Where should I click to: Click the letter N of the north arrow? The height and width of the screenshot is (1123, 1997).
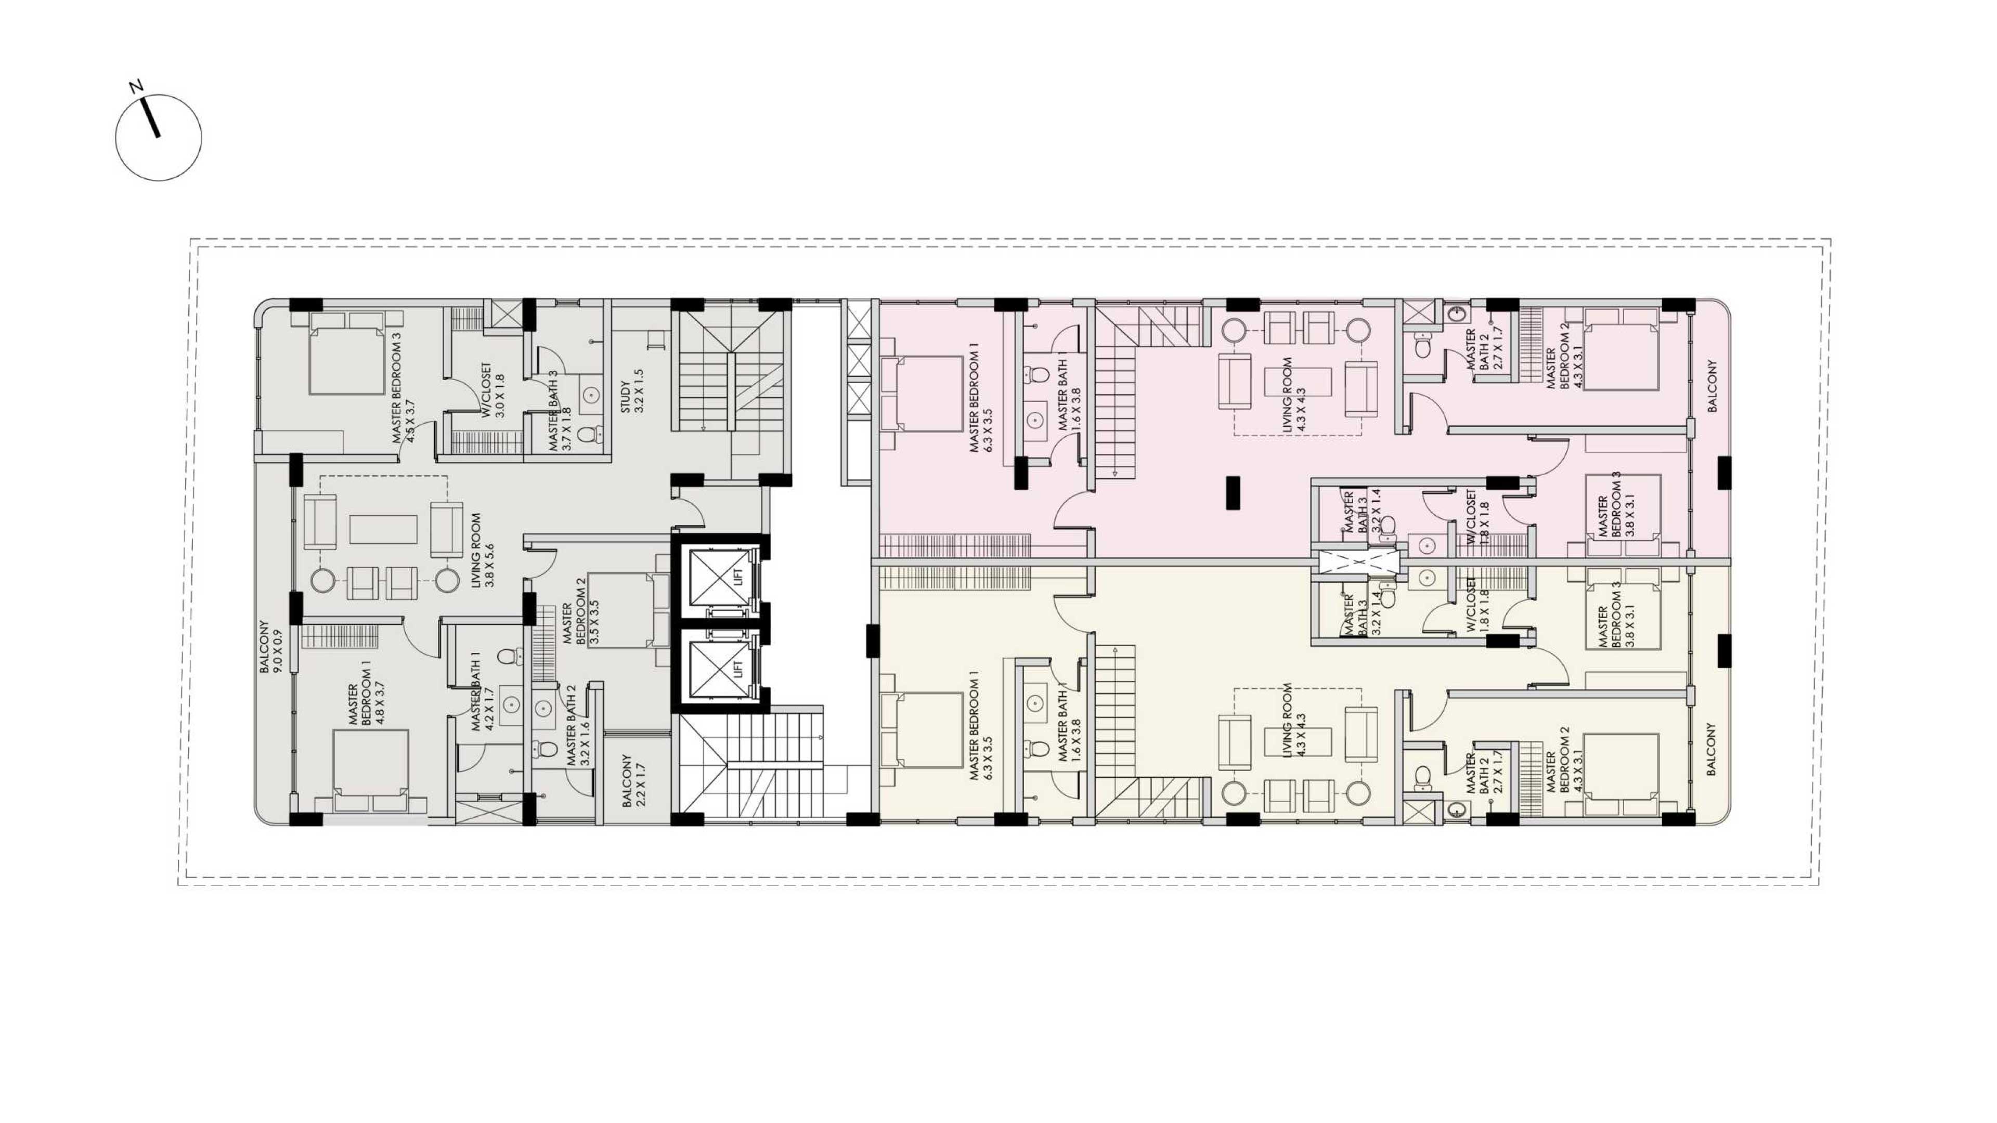click(136, 86)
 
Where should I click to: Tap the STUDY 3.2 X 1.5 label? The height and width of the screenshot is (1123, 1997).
click(632, 390)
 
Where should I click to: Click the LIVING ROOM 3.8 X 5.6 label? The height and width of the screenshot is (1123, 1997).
click(482, 550)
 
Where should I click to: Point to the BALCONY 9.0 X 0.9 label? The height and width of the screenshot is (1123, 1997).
click(270, 646)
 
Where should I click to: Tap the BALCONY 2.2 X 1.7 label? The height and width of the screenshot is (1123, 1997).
click(632, 780)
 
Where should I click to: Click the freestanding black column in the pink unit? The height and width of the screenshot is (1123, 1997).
click(1233, 492)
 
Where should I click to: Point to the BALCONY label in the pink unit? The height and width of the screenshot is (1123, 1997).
click(1711, 385)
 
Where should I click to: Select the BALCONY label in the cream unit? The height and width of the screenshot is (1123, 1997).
click(1711, 749)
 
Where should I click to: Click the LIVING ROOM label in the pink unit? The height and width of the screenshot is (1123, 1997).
click(1293, 395)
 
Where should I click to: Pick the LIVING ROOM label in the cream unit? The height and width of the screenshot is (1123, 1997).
click(1293, 720)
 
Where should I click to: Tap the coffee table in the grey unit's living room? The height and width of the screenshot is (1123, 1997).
click(383, 529)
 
